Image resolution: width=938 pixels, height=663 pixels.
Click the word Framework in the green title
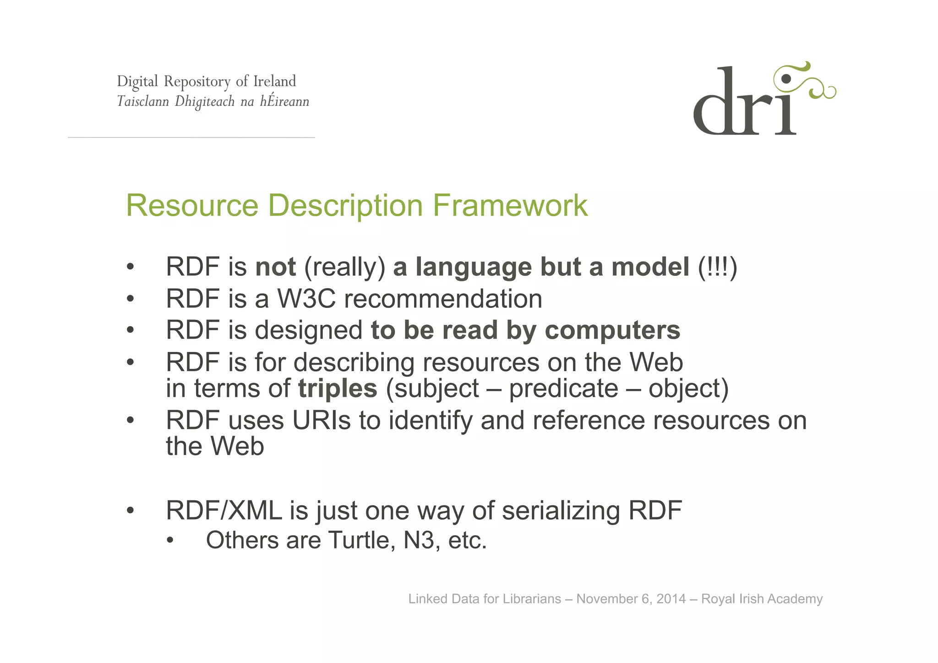510,206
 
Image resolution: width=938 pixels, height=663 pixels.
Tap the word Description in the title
345,206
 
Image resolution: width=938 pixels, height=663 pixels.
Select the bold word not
276,267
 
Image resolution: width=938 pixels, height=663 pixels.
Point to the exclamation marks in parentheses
717,267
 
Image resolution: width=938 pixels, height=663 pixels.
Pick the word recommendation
443,299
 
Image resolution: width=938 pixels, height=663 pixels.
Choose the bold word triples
338,389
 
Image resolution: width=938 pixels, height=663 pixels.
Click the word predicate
563,389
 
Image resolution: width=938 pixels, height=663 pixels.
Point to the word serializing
561,511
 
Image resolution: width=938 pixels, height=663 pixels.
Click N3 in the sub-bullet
419,540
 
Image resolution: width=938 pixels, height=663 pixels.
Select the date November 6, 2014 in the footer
631,599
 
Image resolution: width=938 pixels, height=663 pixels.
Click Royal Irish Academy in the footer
762,599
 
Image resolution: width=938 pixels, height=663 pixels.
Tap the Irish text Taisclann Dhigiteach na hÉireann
213,101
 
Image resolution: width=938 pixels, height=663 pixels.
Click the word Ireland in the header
274,82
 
